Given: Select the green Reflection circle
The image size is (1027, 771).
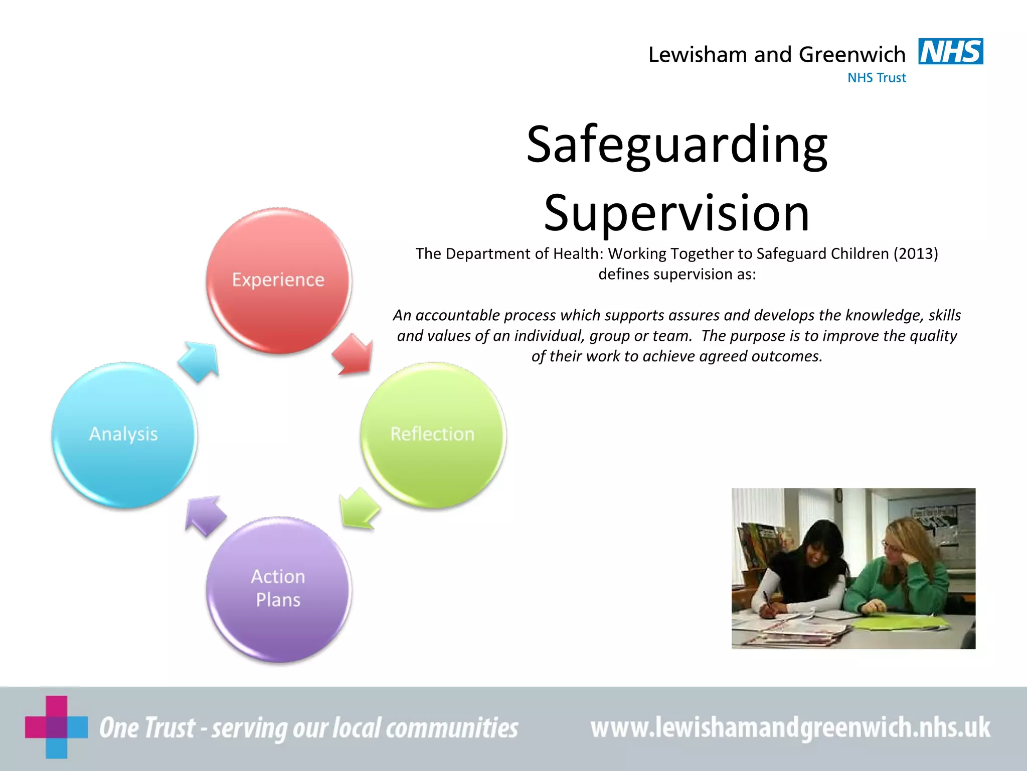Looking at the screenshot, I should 433,435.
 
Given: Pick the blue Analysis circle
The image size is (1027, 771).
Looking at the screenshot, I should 124,435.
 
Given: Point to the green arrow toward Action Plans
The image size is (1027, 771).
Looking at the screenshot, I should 358,508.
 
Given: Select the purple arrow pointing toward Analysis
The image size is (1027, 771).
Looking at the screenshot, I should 204,515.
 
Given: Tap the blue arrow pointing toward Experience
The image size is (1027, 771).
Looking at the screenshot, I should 200,360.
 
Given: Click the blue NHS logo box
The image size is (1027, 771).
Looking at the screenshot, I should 950,51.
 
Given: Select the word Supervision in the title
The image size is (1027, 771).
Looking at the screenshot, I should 677,213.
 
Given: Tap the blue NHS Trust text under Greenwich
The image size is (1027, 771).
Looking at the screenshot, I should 877,78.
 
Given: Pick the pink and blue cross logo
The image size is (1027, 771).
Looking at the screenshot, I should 56,727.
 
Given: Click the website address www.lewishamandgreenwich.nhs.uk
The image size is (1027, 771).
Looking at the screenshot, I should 790,727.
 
